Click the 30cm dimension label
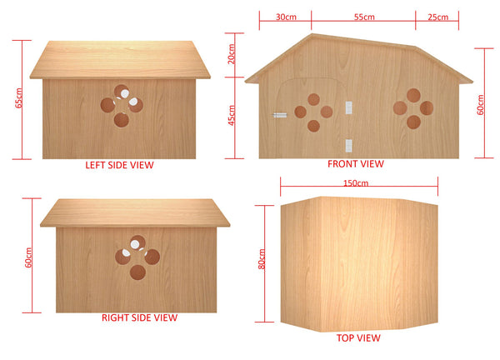(286, 17)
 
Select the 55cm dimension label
(364, 17)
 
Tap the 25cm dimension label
(437, 17)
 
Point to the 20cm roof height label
(231, 54)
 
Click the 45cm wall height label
(231, 115)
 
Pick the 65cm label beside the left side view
(18, 97)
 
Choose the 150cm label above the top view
(356, 183)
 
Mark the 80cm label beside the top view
(262, 259)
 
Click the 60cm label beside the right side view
(28, 257)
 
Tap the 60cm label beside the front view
(480, 105)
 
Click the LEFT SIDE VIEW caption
(119, 165)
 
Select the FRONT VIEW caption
(356, 163)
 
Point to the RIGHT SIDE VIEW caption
(139, 317)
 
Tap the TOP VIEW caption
(358, 337)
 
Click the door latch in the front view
(280, 115)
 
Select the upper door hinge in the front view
(349, 107)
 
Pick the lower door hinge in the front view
(349, 145)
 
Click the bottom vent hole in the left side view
(122, 120)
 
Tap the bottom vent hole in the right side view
(137, 272)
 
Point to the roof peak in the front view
(312, 34)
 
